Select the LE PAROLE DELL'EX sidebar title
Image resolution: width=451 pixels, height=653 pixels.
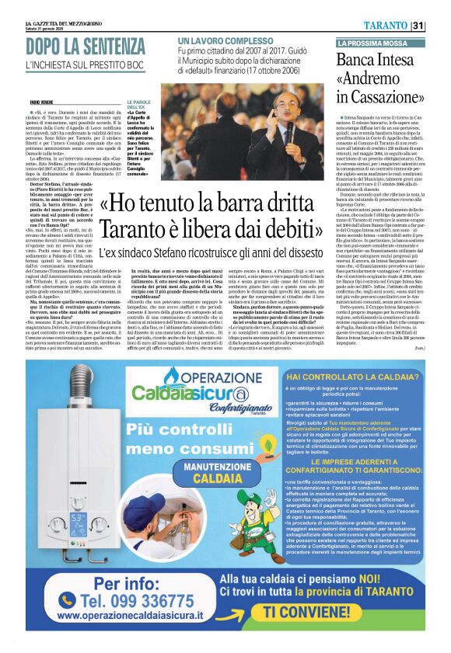tap(139, 105)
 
